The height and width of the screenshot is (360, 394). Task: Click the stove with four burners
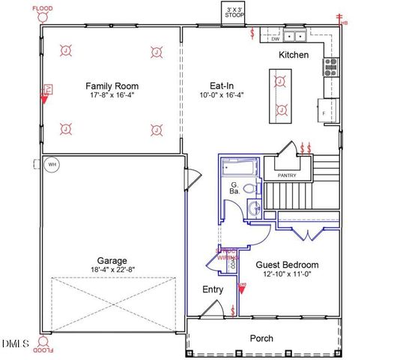(x=330, y=67)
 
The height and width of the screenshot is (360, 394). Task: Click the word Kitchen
(x=294, y=55)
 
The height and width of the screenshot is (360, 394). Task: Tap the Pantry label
(x=287, y=175)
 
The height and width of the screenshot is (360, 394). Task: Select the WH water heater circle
(x=52, y=164)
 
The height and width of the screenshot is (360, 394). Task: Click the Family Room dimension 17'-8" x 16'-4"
(x=112, y=96)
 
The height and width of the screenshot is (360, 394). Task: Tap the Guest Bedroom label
(x=287, y=265)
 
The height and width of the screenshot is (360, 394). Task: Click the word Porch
(x=261, y=337)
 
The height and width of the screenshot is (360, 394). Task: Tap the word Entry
(x=213, y=289)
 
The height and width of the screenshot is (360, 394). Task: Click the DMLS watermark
(x=15, y=343)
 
